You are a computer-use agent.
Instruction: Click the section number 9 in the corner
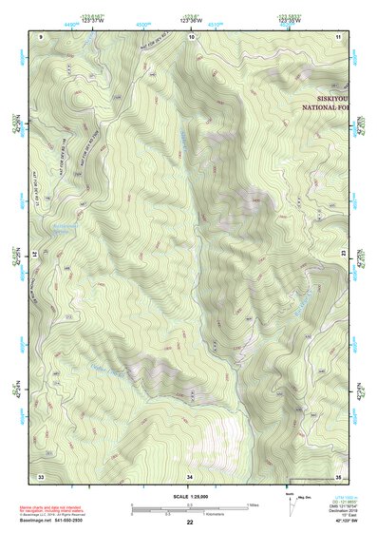click(x=41, y=35)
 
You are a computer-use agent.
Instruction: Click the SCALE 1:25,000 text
click(x=190, y=496)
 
